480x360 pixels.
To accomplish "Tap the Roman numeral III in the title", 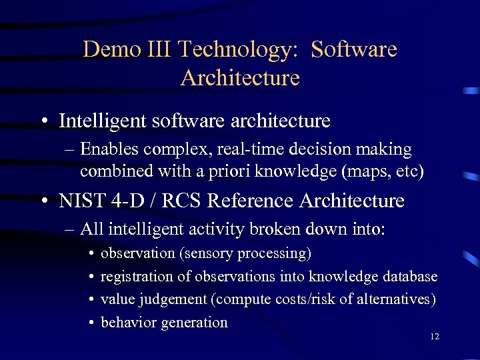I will tap(157, 49).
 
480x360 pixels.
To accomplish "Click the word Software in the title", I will tap(354, 49).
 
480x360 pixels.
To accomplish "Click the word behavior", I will tap(128, 323).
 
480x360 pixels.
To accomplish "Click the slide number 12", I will tap(434, 337).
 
